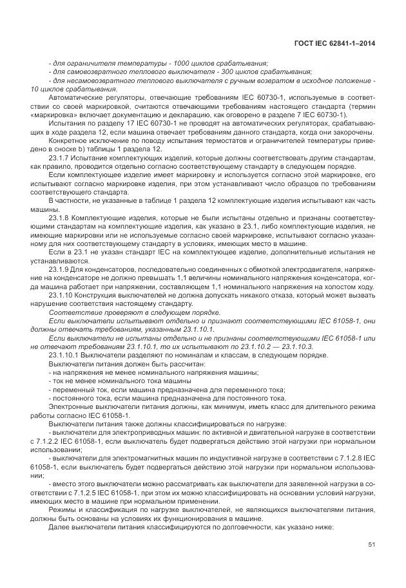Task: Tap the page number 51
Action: click(371, 545)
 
